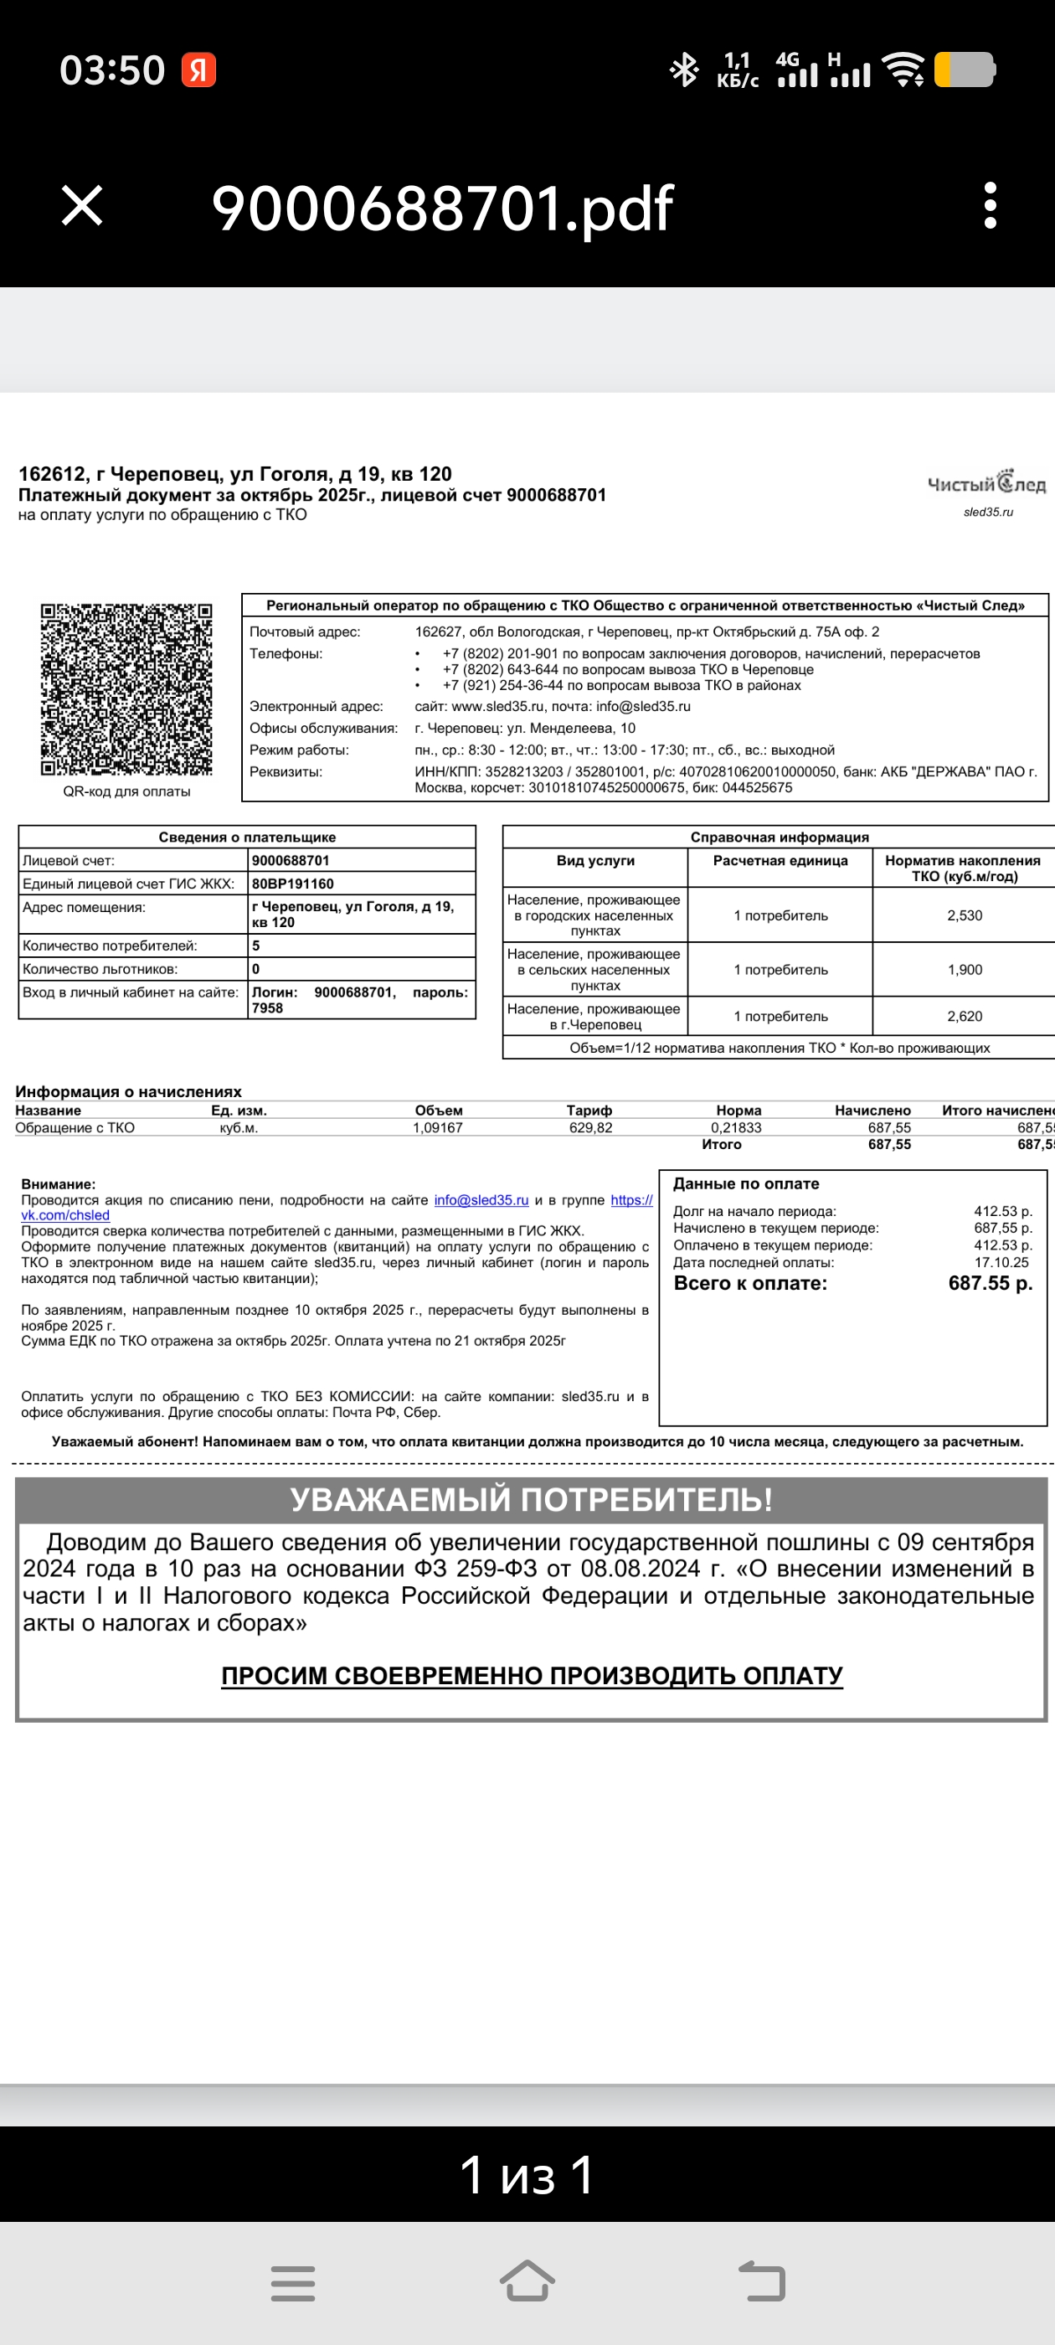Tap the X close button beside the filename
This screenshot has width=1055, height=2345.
point(82,205)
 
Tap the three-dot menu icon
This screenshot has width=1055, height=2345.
point(991,205)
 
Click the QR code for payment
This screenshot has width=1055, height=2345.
point(126,689)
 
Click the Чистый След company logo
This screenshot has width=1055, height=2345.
point(986,483)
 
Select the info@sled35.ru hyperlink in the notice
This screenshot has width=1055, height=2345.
point(481,1200)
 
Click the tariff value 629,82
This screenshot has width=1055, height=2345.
point(589,1127)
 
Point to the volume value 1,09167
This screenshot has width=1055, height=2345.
point(438,1127)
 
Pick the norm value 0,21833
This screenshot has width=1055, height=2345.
point(736,1127)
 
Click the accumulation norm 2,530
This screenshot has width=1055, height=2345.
point(964,915)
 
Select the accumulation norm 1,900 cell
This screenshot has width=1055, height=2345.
point(964,970)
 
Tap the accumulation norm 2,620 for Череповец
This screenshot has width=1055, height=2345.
point(964,1016)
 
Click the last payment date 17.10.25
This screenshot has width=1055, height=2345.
point(1001,1263)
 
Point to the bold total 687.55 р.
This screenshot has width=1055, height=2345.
point(990,1284)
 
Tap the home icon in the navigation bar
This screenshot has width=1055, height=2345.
point(527,2281)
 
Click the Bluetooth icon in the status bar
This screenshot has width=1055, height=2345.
point(683,70)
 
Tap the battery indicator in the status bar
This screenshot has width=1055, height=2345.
point(965,70)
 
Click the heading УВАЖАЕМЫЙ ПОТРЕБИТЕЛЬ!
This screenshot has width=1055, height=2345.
point(531,1498)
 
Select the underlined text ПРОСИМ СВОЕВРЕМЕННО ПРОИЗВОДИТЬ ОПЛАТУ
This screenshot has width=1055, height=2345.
point(532,1675)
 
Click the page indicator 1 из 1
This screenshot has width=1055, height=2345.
point(527,2174)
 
